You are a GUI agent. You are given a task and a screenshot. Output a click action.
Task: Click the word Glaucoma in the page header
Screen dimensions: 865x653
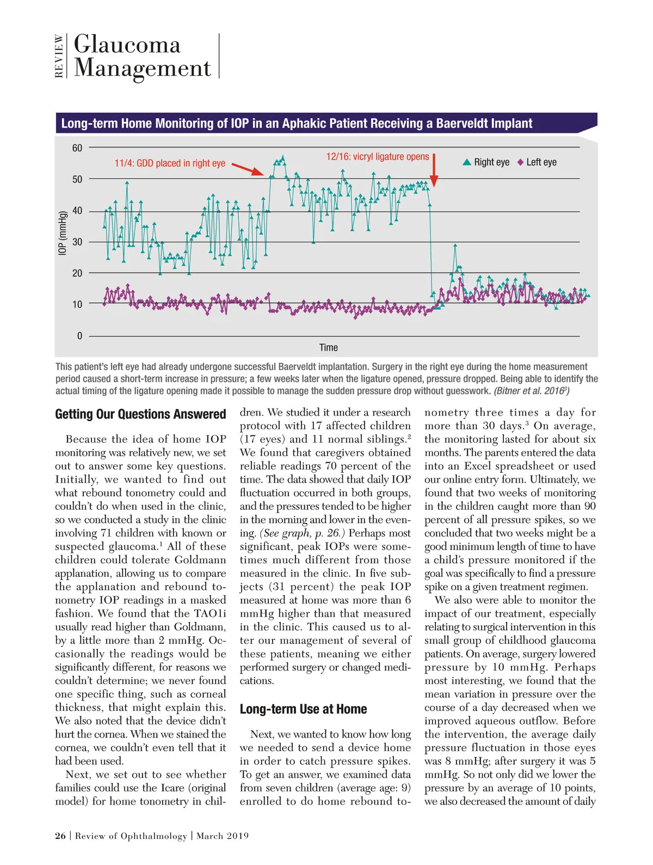127,45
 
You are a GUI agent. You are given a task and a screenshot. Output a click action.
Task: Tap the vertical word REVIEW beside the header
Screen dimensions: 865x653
59,56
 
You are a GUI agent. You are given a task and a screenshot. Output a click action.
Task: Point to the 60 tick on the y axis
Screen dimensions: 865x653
77,148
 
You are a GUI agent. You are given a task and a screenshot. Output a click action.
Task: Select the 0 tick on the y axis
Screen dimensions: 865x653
79,336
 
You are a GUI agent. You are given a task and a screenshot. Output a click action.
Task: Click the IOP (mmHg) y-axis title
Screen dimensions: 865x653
63,233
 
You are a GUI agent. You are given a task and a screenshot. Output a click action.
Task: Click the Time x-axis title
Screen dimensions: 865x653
328,348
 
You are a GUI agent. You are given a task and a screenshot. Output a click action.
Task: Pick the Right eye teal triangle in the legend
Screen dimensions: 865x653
467,162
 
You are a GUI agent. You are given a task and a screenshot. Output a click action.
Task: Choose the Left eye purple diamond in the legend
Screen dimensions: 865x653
520,162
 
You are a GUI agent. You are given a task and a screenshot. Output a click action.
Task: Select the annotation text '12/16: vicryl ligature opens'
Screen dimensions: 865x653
377,157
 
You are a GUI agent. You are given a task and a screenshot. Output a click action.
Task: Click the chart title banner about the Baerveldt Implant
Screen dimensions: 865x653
297,123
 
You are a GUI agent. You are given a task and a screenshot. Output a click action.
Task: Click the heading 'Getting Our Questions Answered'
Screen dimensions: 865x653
140,415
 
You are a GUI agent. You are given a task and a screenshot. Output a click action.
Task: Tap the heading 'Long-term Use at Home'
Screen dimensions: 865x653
303,709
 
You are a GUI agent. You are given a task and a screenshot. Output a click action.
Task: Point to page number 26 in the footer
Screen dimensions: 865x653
60,836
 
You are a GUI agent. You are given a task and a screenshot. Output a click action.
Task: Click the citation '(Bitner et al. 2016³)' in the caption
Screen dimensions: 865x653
531,391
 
